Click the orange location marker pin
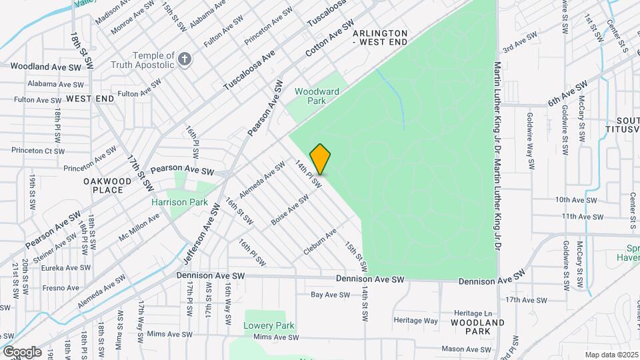(x=321, y=159)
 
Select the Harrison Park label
(x=179, y=202)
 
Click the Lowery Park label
(x=269, y=326)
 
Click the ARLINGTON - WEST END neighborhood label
(x=379, y=37)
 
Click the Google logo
(x=21, y=351)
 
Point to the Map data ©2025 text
(x=611, y=355)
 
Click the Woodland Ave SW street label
(x=45, y=67)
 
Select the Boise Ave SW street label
(x=289, y=208)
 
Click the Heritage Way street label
(x=416, y=321)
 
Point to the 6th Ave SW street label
(x=567, y=93)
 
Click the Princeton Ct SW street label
(x=38, y=151)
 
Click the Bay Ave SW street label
(x=327, y=294)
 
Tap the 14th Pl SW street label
(x=308, y=174)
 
